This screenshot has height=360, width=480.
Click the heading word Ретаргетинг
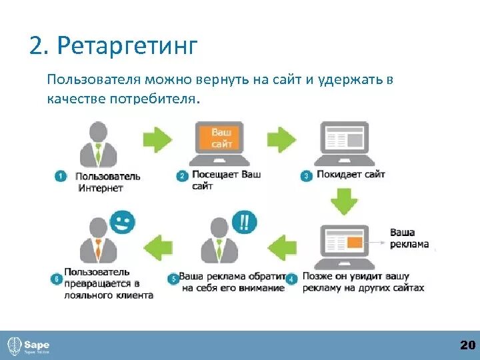click(128, 46)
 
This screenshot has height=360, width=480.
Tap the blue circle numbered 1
click(61, 177)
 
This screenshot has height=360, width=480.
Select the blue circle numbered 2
click(182, 177)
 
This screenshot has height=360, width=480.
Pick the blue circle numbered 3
click(307, 177)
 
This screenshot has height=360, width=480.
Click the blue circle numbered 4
click(291, 278)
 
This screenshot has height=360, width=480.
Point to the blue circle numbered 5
click(173, 278)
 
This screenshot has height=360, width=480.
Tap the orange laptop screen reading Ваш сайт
click(221, 138)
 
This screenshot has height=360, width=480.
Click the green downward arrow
click(344, 202)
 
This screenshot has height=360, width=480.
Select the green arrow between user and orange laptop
click(157, 139)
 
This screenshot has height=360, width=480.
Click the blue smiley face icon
click(121, 222)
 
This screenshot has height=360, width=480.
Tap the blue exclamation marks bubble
click(245, 222)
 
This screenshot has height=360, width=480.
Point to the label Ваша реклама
click(409, 238)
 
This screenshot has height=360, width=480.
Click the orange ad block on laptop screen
click(354, 240)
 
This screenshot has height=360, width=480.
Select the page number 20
click(467, 345)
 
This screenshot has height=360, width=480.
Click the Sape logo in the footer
click(29, 345)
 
